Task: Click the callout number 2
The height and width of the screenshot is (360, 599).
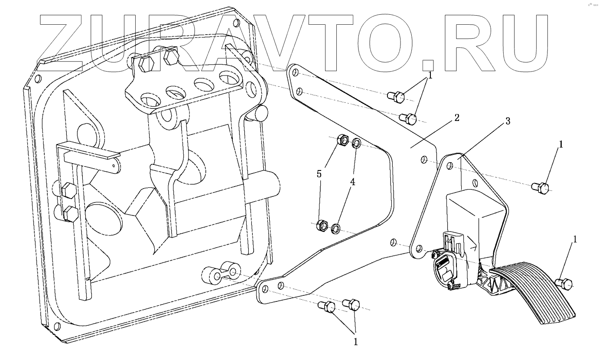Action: (x=456, y=118)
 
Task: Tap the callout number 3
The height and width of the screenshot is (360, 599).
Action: (x=508, y=121)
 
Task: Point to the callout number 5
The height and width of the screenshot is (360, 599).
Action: (x=319, y=174)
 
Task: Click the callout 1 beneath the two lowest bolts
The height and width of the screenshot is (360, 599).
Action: (x=355, y=341)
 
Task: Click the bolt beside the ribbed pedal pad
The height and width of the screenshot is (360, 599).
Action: (x=565, y=283)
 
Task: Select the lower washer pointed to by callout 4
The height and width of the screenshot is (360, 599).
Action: (x=336, y=228)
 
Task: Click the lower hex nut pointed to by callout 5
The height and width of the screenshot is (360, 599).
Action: (x=322, y=225)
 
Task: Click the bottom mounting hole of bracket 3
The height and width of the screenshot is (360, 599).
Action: (x=419, y=249)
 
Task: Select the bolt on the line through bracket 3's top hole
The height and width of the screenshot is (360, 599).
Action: (x=540, y=187)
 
